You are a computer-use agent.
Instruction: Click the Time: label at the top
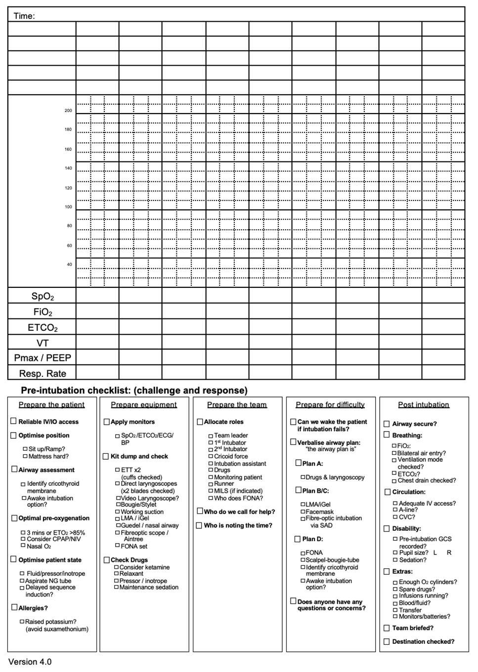24,16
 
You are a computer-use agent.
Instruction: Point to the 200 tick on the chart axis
68,111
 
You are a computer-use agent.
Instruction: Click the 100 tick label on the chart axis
68,207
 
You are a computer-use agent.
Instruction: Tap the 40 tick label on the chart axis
69,265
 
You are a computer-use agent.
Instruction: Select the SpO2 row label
43,296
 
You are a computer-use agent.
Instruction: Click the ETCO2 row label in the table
43,328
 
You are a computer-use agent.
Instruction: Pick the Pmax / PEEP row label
43,358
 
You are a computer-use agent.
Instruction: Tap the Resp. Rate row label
43,374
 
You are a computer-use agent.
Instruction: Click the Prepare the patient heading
51,405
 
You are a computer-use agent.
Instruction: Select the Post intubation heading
424,405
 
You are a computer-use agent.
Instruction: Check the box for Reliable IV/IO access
14,421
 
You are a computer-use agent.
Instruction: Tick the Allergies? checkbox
14,607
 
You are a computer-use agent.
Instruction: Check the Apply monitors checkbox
106,422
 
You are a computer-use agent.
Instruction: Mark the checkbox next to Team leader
211,436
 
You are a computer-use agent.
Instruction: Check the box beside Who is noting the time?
199,525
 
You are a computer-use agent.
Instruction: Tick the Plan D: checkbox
298,539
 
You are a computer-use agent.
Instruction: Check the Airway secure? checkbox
387,424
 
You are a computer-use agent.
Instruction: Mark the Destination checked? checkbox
387,641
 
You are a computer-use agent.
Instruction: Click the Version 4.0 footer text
30,662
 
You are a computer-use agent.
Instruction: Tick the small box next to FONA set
117,546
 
